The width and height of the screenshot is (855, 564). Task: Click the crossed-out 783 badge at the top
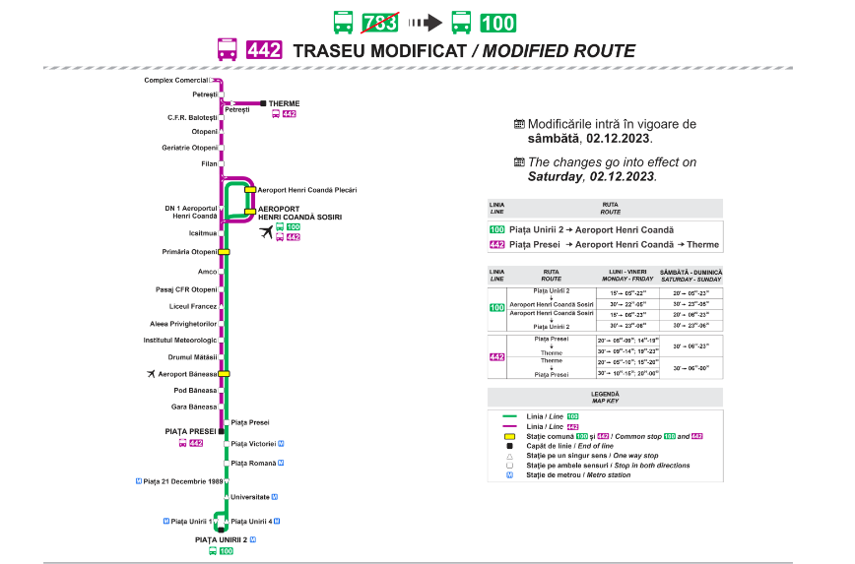[379, 23]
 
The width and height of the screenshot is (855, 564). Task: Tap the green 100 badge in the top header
[497, 23]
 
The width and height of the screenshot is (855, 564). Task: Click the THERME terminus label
[285, 103]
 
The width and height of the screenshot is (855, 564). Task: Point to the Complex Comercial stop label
[176, 80]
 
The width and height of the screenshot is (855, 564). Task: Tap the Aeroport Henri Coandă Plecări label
[306, 189]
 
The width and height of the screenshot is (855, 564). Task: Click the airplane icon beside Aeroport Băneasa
[150, 374]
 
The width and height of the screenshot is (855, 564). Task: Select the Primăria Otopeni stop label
[189, 252]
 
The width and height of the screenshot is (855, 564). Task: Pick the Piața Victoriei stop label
[253, 444]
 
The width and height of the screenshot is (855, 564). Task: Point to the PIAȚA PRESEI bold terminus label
[189, 431]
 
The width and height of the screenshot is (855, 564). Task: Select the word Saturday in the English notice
[555, 177]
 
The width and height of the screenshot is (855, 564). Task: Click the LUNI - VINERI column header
[627, 276]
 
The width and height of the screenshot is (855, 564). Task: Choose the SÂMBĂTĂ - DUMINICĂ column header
[692, 276]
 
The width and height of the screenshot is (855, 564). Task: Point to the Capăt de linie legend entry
[558, 446]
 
